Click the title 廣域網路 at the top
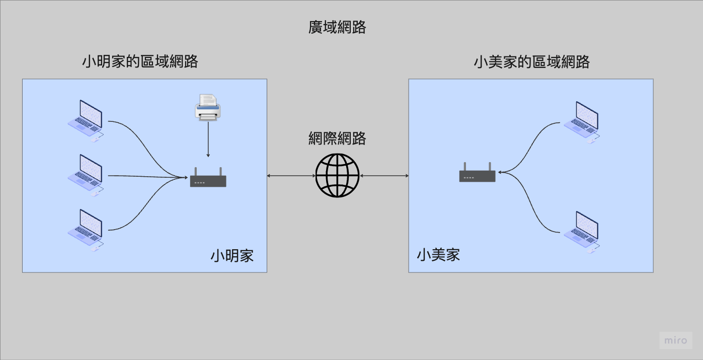[337, 27]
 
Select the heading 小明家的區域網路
[140, 61]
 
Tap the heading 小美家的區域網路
[531, 62]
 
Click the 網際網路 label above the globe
[337, 138]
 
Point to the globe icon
[338, 175]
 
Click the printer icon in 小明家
[208, 107]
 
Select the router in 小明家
[208, 179]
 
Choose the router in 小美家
[477, 174]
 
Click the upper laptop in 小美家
[582, 122]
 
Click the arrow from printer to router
[208, 140]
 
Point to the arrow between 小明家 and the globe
[291, 176]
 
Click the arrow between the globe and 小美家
[384, 176]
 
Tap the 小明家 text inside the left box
[232, 256]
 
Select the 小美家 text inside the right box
[438, 255]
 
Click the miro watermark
[676, 340]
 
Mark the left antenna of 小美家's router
[465, 167]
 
